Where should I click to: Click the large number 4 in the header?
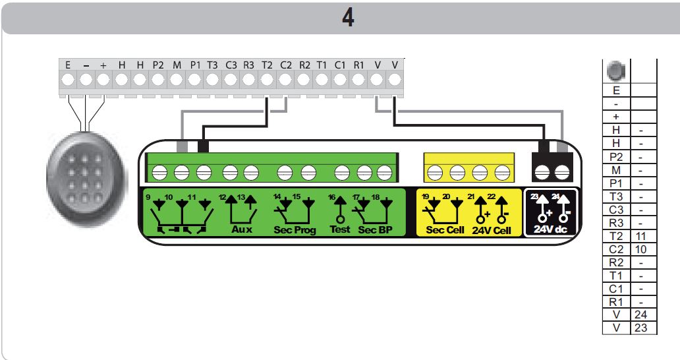(347, 18)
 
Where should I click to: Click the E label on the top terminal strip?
(68, 65)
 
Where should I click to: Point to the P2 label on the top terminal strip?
(158, 65)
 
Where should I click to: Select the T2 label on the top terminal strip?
(267, 65)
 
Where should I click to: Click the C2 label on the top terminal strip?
(285, 65)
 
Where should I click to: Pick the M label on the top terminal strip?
(177, 65)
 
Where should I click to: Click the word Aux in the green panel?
(242, 230)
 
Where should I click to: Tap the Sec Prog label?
(295, 230)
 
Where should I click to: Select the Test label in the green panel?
(339, 230)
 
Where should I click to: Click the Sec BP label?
(376, 230)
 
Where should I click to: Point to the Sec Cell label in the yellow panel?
(445, 230)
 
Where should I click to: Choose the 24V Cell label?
(493, 230)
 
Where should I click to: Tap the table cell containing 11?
(643, 235)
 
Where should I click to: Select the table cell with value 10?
(643, 249)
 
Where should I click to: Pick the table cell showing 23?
(643, 327)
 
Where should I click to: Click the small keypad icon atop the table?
(616, 70)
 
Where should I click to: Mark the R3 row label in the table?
(616, 222)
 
